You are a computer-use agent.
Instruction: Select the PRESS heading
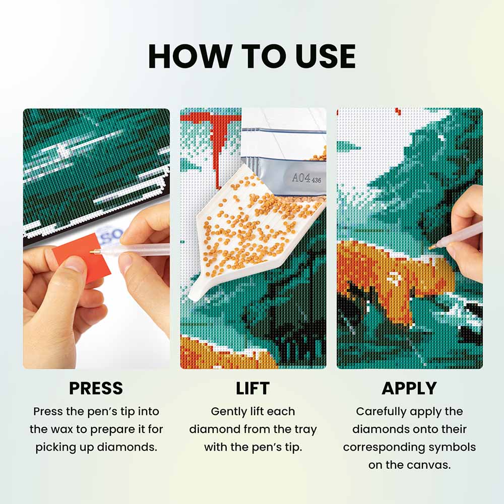click(96, 388)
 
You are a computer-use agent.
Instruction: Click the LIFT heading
click(253, 388)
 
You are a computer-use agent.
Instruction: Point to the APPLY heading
click(409, 388)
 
